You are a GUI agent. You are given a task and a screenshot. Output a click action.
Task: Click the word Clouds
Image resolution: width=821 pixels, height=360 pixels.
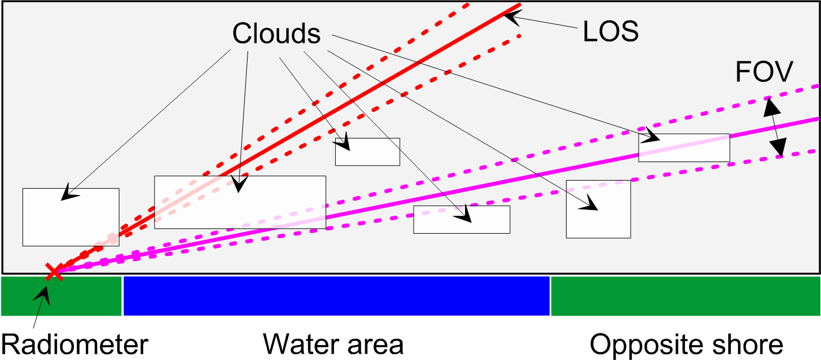click(276, 34)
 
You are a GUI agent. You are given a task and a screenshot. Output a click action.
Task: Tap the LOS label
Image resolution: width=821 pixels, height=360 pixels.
click(610, 32)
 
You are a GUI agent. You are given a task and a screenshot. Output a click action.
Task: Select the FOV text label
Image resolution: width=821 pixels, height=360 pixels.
click(764, 73)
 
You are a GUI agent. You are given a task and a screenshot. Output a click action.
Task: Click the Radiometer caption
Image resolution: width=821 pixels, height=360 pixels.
click(75, 345)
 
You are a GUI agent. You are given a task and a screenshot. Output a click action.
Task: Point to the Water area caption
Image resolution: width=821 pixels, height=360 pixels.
click(333, 344)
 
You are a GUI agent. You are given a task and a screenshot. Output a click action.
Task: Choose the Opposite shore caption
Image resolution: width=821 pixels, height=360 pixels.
click(686, 345)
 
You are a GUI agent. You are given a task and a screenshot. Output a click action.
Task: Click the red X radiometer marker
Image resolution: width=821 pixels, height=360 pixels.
click(54, 271)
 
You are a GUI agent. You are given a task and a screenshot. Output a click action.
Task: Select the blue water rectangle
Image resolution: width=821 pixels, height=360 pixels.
click(336, 296)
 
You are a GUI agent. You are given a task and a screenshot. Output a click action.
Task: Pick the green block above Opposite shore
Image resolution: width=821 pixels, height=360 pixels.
click(685, 296)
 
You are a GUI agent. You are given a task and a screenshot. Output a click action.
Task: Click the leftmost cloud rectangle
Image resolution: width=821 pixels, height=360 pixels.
click(70, 217)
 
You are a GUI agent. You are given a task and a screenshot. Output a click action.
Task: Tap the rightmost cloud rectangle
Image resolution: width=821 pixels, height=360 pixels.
click(684, 148)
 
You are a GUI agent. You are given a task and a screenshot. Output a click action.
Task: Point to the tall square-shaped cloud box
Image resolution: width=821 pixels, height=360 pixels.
click(598, 209)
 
